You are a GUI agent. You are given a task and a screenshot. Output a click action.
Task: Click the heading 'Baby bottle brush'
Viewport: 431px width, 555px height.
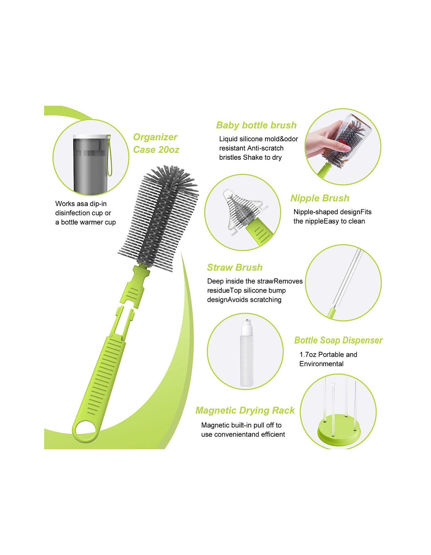tap(256, 125)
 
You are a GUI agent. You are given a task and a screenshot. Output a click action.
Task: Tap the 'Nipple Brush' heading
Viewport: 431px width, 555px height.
tap(320, 198)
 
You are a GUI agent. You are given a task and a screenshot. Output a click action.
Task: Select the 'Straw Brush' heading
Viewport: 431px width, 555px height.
tap(235, 267)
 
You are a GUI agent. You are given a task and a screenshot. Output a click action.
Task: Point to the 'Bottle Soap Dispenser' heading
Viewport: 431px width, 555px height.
tap(338, 340)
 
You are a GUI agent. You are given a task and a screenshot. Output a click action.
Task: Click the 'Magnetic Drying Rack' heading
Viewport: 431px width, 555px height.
tap(245, 410)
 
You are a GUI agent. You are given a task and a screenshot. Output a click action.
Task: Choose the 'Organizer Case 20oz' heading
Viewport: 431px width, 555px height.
tap(156, 143)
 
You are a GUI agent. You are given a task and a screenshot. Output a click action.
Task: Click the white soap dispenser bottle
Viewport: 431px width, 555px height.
tap(247, 353)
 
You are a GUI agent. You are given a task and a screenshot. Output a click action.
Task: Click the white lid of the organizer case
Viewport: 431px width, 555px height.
tap(91, 136)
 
